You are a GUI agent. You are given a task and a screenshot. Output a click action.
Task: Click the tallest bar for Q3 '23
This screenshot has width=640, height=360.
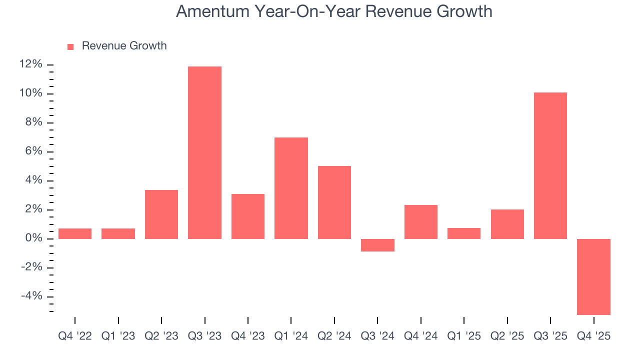tap(204, 152)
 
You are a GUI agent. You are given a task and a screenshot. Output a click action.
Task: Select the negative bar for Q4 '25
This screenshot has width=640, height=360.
tap(593, 276)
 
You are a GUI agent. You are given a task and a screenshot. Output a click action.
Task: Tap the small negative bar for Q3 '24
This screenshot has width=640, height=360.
tap(377, 245)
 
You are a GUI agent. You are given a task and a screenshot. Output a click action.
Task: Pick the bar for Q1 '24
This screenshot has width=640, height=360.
tap(291, 188)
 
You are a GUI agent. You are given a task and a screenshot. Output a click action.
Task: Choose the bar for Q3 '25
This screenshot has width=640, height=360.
tap(550, 165)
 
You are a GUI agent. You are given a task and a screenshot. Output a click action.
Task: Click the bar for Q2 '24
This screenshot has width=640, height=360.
tap(334, 202)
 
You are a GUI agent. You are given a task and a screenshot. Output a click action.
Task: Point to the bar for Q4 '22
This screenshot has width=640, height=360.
tap(75, 233)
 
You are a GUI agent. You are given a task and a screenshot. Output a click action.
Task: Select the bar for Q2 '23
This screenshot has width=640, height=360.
tap(161, 214)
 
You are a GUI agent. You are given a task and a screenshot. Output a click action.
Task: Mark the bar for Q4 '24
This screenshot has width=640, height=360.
tap(420, 221)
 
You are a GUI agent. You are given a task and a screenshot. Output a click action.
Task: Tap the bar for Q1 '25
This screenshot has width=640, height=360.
tap(464, 233)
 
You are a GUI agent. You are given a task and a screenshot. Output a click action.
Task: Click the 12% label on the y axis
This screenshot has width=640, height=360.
tap(30, 64)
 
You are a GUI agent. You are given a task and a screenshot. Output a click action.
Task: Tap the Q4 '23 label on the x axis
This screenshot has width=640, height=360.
tap(247, 336)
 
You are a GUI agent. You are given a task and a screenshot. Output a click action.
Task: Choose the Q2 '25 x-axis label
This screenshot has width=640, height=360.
tap(507, 336)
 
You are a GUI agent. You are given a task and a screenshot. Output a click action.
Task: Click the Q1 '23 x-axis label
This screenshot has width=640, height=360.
tap(118, 336)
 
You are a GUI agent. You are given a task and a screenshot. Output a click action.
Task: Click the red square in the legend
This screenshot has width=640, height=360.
tap(70, 46)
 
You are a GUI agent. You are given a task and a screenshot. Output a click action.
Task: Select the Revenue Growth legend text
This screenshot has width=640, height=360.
tap(124, 46)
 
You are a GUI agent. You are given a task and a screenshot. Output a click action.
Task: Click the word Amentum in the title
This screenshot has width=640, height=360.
tap(211, 11)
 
